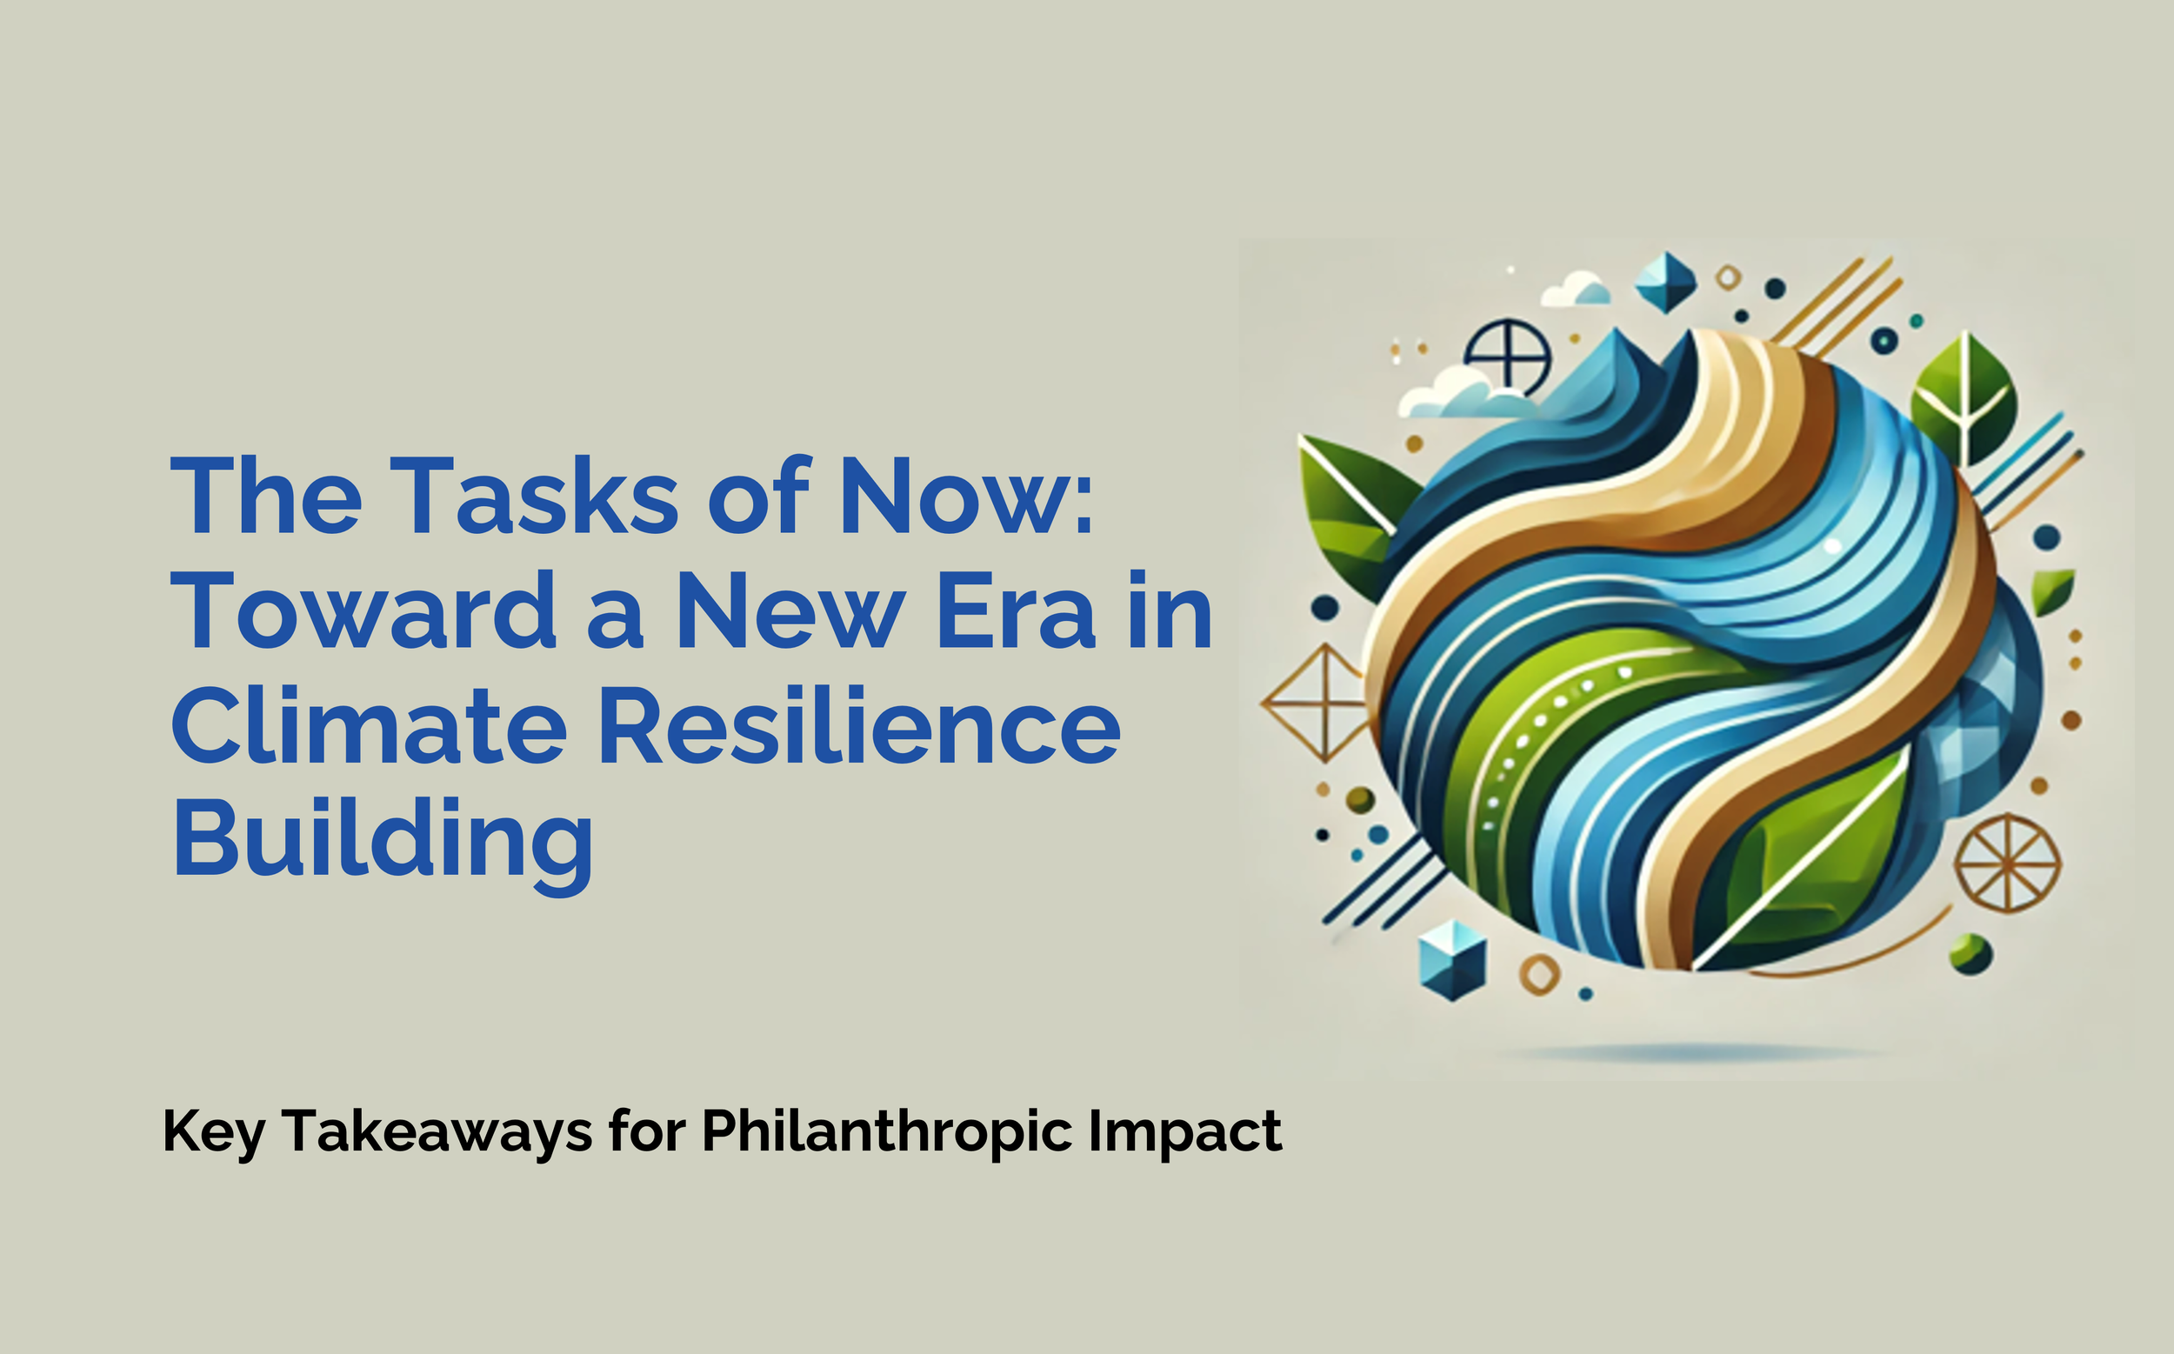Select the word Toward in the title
click(363, 611)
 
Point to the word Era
click(1016, 611)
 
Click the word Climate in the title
click(368, 726)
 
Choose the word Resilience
click(858, 726)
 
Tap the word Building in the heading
click(383, 843)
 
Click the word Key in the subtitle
click(214, 1133)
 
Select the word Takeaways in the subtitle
click(437, 1133)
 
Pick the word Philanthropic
click(886, 1133)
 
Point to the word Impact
click(1184, 1131)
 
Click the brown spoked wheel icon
click(2007, 864)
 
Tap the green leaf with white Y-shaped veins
click(1964, 399)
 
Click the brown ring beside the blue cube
click(1539, 973)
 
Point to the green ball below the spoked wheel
click(1971, 954)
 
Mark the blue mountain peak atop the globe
click(1611, 376)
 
